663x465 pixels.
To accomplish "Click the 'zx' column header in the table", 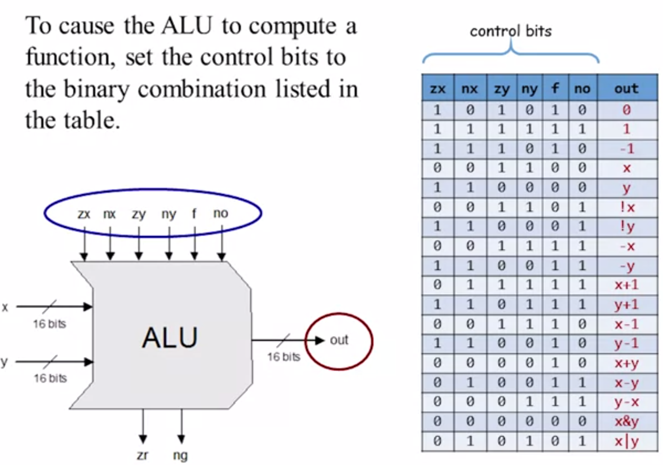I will (x=437, y=88).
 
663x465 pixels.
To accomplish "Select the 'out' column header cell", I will (x=626, y=88).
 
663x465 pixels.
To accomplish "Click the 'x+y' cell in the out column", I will (x=626, y=363).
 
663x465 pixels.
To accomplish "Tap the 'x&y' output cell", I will (x=626, y=421).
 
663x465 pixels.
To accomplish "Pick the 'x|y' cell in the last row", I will (x=626, y=441).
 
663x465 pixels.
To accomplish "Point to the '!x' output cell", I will (x=626, y=207).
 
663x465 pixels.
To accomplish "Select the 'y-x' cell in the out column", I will (x=626, y=402).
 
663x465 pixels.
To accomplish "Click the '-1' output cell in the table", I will (x=626, y=149).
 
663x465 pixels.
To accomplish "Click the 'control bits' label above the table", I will (x=510, y=31).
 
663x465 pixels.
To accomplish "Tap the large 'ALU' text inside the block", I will (x=170, y=337).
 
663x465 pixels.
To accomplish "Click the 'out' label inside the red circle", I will (x=339, y=340).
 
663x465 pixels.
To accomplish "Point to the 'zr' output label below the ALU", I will (x=142, y=455).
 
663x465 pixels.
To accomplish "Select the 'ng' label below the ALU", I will (x=180, y=455).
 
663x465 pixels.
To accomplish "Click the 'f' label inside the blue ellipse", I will (x=194, y=213).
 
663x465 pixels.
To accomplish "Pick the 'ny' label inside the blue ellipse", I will (x=169, y=214).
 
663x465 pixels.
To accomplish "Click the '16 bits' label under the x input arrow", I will (x=49, y=324).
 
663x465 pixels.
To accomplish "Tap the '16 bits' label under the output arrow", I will (x=284, y=357).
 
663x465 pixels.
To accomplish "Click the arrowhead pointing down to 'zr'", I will (x=143, y=439).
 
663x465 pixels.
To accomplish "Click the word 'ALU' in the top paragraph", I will (x=187, y=26).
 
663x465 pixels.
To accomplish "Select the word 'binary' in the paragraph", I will (x=96, y=89).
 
